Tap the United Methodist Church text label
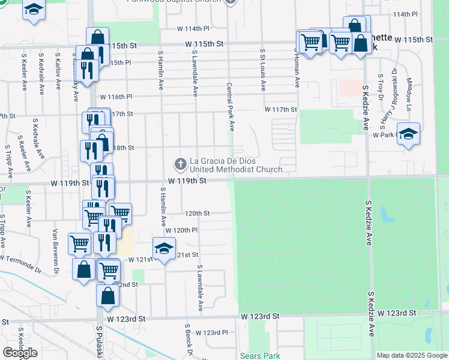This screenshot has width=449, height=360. [236, 170]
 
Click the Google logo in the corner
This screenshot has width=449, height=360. [20, 352]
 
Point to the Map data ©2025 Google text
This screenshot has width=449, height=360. [412, 355]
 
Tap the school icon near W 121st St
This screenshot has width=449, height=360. [163, 248]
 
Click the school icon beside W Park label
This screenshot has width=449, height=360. [408, 134]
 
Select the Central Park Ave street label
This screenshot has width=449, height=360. [230, 108]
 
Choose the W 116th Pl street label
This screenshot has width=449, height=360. [116, 97]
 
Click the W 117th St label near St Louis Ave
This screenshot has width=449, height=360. [281, 109]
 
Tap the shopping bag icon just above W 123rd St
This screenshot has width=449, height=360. [107, 295]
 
